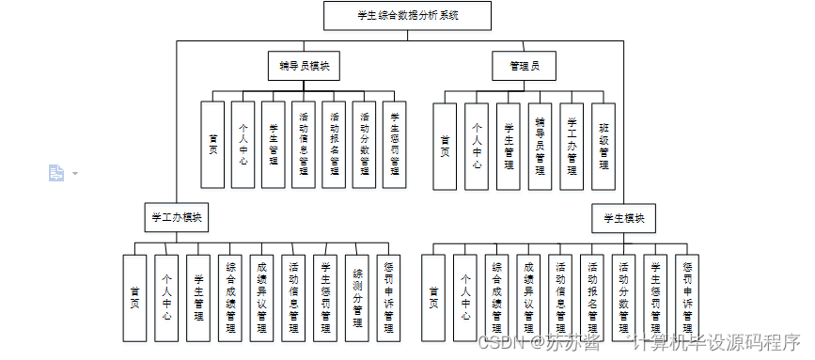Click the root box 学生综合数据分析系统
click(407, 16)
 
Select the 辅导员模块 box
click(303, 66)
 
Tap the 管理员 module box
click(525, 66)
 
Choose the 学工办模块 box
click(176, 217)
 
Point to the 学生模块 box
click(624, 218)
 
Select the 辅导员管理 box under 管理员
click(540, 147)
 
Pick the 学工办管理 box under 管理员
click(572, 147)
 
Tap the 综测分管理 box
click(358, 298)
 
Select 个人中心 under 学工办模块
click(166, 298)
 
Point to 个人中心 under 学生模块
click(465, 298)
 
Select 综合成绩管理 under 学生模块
click(497, 298)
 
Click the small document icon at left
click(56, 173)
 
